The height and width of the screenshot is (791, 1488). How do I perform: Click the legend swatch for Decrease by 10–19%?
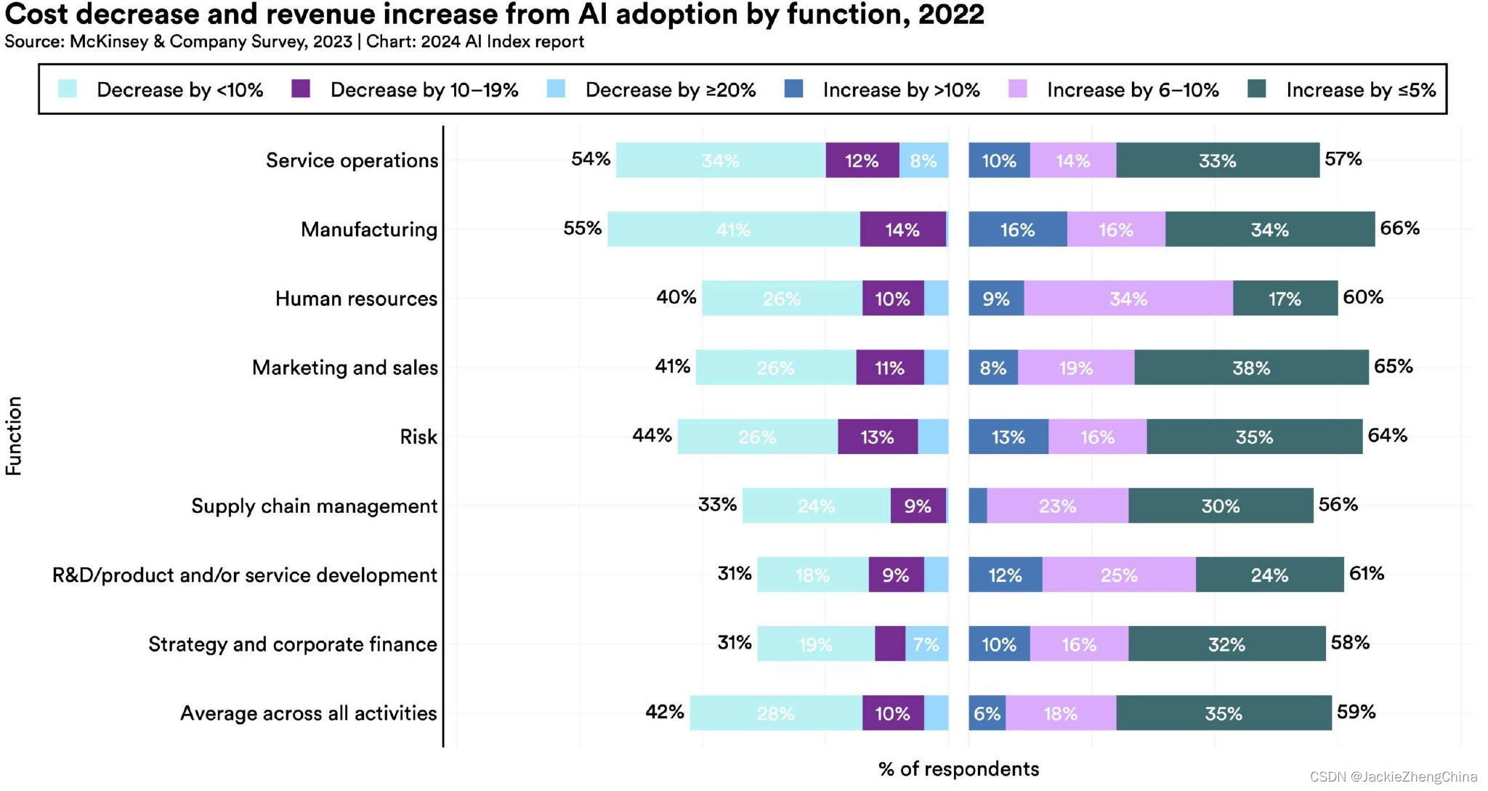(301, 89)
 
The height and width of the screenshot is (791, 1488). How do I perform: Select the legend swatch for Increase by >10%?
(793, 89)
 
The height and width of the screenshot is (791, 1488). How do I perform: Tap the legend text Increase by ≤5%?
(1360, 90)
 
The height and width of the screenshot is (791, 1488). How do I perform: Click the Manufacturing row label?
(369, 230)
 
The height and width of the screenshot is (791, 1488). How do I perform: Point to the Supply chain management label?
(314, 506)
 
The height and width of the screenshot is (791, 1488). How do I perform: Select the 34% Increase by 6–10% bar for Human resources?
(1128, 299)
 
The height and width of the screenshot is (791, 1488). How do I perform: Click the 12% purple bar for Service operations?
(862, 161)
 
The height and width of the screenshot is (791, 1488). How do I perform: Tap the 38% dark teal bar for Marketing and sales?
(1251, 368)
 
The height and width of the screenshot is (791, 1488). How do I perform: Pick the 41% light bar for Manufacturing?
(733, 230)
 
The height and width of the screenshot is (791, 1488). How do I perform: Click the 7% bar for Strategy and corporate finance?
(926, 644)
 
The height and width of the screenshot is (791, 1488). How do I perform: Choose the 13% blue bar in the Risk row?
(1008, 437)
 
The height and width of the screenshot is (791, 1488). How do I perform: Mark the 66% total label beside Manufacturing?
(1399, 228)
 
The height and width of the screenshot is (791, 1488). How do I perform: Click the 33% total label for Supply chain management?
(717, 504)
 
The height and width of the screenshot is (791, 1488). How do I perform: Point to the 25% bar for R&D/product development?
(1118, 575)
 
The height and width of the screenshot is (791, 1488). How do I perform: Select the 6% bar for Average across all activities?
(987, 713)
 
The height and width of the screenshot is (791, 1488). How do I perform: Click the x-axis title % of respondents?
(958, 768)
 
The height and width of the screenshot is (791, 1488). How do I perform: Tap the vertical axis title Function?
(14, 436)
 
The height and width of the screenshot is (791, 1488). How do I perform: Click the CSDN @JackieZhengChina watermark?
(1393, 776)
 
